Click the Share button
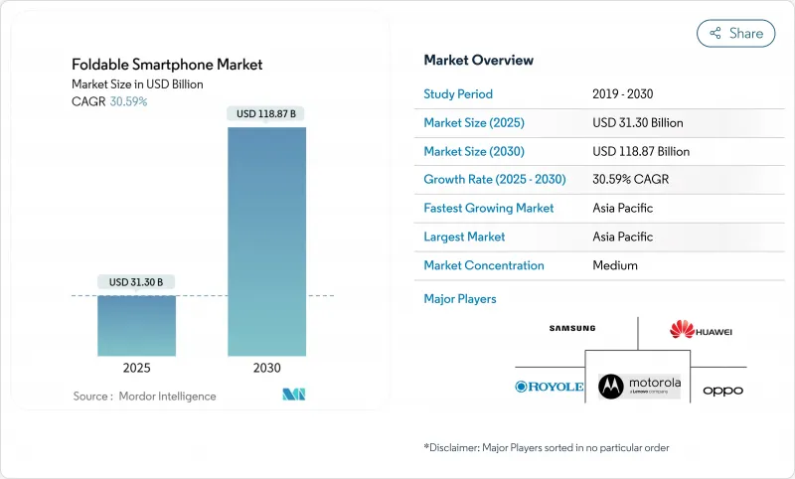(735, 33)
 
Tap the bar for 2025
(136, 325)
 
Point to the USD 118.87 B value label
(266, 114)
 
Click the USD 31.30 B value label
(136, 282)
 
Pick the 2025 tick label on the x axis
(136, 368)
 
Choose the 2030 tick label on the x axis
(266, 368)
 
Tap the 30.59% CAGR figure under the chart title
(127, 101)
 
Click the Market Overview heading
(478, 60)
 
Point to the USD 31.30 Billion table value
(637, 123)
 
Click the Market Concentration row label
(484, 265)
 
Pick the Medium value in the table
(614, 265)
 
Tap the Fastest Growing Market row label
(489, 209)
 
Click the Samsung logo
(571, 329)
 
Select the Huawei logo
(700, 330)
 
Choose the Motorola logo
(640, 385)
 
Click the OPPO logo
(722, 391)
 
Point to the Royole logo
(549, 386)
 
